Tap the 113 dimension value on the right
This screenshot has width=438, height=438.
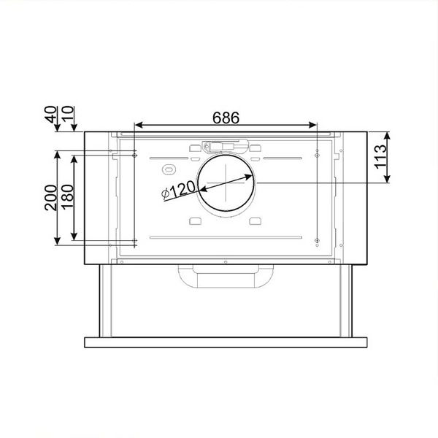[x=379, y=156]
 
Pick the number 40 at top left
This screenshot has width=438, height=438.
[x=50, y=115]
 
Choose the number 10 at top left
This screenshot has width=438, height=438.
[x=68, y=115]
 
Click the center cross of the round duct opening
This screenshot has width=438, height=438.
[x=227, y=182]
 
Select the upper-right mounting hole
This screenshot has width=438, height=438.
[x=317, y=153]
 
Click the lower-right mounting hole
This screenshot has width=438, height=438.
[x=317, y=241]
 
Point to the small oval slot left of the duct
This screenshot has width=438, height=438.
[x=167, y=169]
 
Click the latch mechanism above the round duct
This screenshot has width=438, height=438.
[x=227, y=146]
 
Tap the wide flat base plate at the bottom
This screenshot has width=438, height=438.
[x=226, y=342]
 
